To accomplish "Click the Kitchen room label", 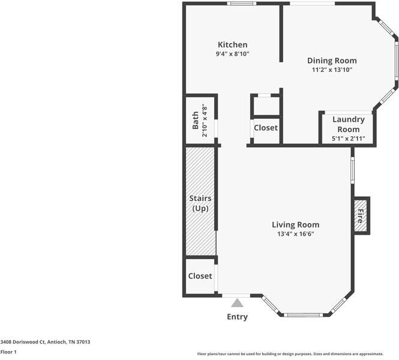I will click(232, 45).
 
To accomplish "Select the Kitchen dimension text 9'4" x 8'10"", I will click(232, 54).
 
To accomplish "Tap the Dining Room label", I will click(332, 61).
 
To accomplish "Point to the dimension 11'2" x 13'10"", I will click(332, 70).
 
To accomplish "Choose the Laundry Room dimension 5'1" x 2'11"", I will click(348, 139).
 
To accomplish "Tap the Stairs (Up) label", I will click(200, 203).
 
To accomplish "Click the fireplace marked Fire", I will click(361, 215).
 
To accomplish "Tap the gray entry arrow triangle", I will click(238, 303).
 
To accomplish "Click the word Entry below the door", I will click(237, 317).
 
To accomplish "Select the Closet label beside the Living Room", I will click(200, 276).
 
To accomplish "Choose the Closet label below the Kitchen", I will click(265, 128).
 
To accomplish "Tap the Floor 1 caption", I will click(8, 352).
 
